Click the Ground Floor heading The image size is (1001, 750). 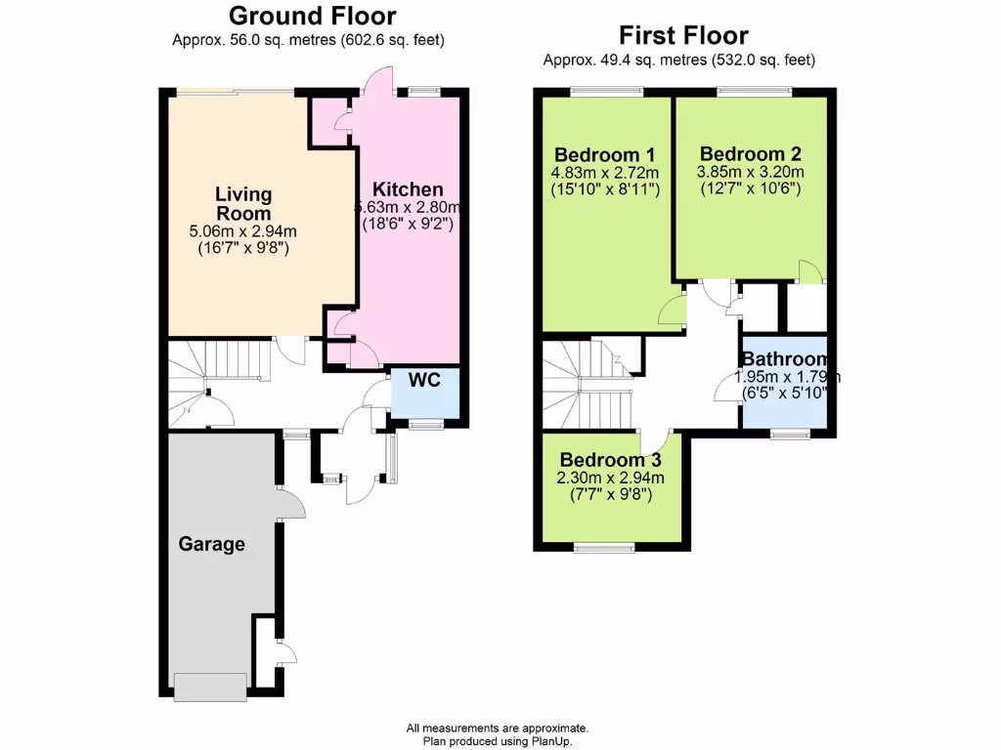tap(312, 16)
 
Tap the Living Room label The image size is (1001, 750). tap(243, 203)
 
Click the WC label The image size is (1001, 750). tap(423, 378)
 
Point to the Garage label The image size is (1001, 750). tap(211, 544)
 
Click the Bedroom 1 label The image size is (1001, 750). tap(605, 155)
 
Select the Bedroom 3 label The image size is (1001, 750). tap(611, 460)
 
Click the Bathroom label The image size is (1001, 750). tap(785, 359)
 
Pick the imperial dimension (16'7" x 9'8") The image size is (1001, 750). tap(243, 248)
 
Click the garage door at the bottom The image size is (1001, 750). tap(210, 686)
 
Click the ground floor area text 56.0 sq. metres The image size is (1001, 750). tap(309, 40)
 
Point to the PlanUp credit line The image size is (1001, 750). tap(498, 741)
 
